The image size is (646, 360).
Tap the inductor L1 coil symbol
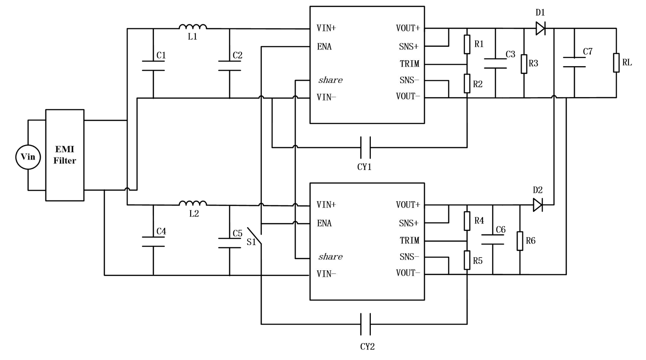[193, 27]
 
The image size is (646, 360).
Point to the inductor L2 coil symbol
[193, 203]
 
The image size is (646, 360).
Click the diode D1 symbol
[540, 28]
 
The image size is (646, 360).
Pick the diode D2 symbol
[538, 205]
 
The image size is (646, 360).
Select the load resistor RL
[616, 63]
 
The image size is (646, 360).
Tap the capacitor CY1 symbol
[365, 148]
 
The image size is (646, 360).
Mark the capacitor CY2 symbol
[365, 324]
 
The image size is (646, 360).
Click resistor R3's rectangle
[524, 64]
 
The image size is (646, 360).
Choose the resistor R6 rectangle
[520, 241]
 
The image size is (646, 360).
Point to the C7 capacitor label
[588, 52]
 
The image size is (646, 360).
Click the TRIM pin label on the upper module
[409, 64]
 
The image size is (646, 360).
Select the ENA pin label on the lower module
[324, 223]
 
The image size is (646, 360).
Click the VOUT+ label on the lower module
[408, 205]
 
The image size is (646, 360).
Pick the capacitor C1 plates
[153, 65]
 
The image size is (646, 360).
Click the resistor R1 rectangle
[467, 44]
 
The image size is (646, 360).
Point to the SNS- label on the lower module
[409, 257]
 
